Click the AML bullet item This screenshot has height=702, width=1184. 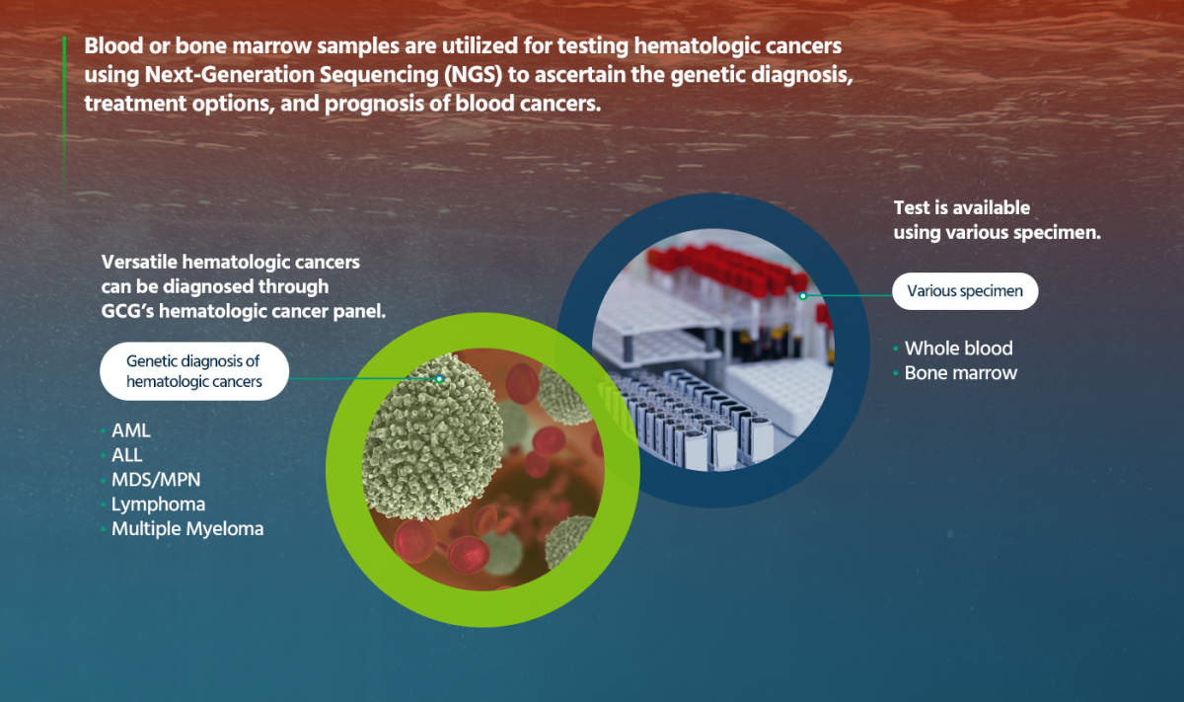131,431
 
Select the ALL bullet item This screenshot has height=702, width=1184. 127,455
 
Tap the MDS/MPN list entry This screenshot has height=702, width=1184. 157,480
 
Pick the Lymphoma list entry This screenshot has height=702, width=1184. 158,505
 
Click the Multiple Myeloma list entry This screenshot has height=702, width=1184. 186,529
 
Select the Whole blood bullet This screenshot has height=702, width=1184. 958,349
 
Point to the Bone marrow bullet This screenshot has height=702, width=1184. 960,373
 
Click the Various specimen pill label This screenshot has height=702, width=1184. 965,291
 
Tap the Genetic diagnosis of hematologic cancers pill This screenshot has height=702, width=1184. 193,371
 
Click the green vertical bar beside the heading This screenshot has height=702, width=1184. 64,99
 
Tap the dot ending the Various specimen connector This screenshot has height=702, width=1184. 803,295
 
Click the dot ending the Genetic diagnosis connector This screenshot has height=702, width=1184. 439,377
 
